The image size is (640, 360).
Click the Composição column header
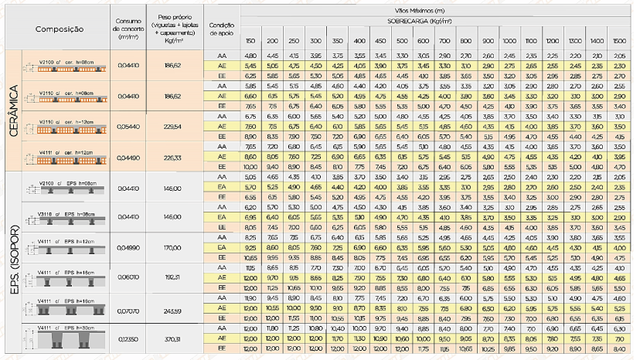(59, 29)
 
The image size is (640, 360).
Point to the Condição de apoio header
(222, 29)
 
